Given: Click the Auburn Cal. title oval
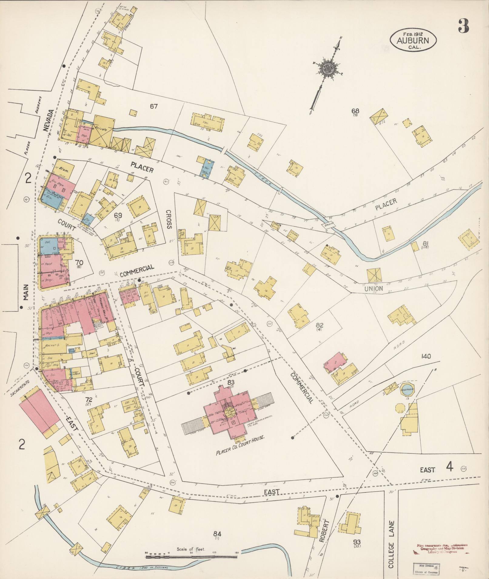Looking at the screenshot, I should pos(413,40).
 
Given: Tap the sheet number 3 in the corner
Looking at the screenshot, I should pos(463,26).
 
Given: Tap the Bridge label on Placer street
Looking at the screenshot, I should pos(328,224).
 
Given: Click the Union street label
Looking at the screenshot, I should pos(373,289).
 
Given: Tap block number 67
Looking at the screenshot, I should pos(154,106).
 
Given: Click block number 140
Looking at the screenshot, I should pos(426,357).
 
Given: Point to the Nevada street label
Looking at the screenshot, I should pos(48,120).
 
